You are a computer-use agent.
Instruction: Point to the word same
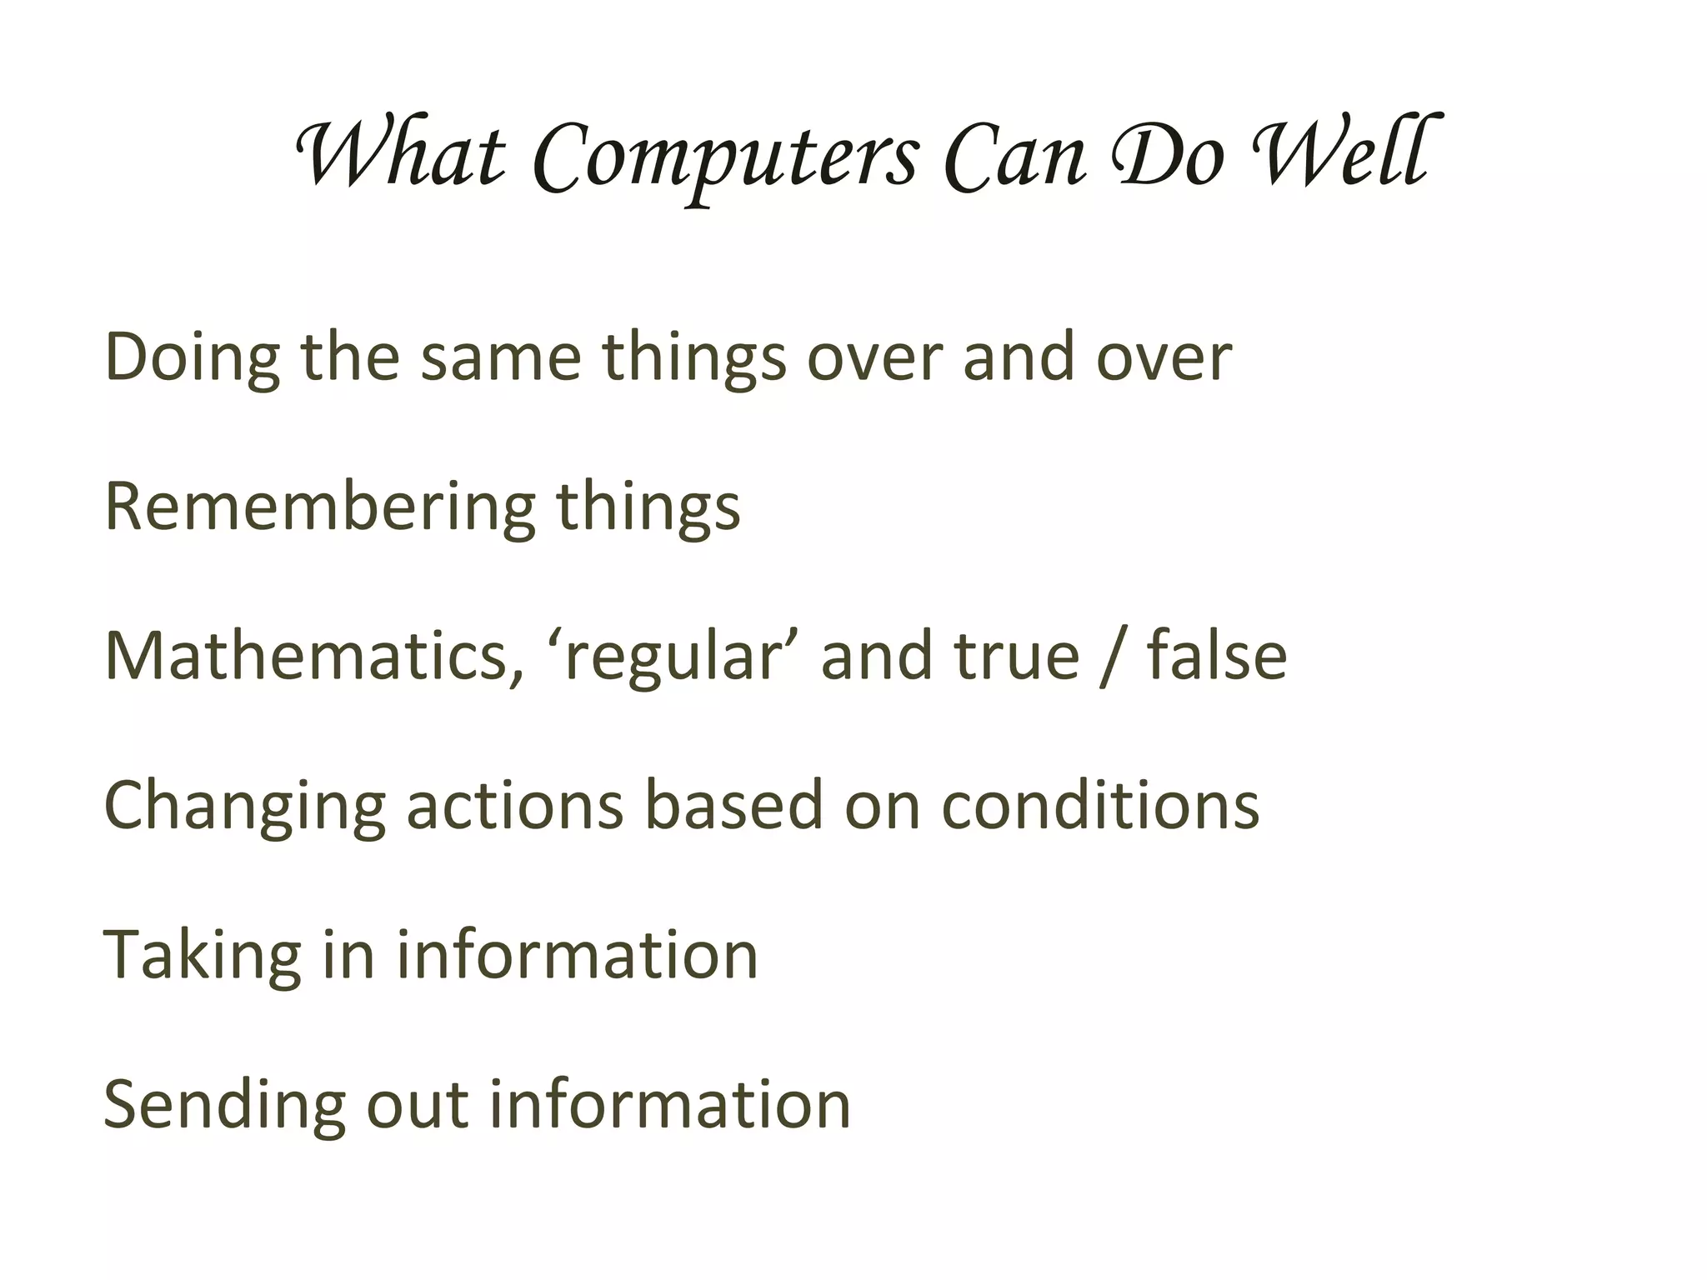pos(500,358)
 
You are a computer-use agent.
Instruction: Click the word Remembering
pos(320,508)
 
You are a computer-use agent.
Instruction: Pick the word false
pos(1217,657)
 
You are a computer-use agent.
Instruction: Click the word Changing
pos(244,807)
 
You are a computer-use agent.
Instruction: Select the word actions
pos(514,807)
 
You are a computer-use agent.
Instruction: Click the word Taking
pos(201,957)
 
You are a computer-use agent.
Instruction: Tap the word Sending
pos(223,1107)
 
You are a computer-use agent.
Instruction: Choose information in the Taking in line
pos(577,955)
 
